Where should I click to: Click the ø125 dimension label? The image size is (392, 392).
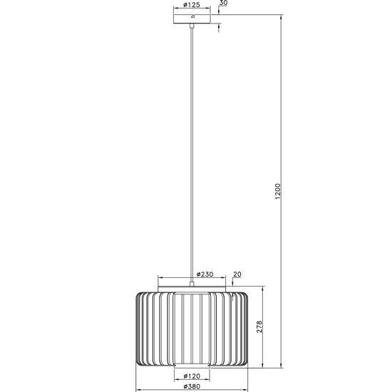click(192, 5)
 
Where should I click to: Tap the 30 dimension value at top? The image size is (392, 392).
click(224, 3)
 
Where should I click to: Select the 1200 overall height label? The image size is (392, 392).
click(278, 191)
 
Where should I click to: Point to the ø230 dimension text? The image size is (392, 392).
click(205, 274)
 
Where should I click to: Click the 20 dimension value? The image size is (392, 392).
click(237, 274)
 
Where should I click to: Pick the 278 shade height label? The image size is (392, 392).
click(259, 326)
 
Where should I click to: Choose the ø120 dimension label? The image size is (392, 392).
click(192, 376)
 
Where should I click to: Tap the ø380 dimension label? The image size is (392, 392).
click(192, 386)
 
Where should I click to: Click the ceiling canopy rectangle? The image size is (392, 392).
click(192, 19)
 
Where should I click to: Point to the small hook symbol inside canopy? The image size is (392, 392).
click(192, 17)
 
